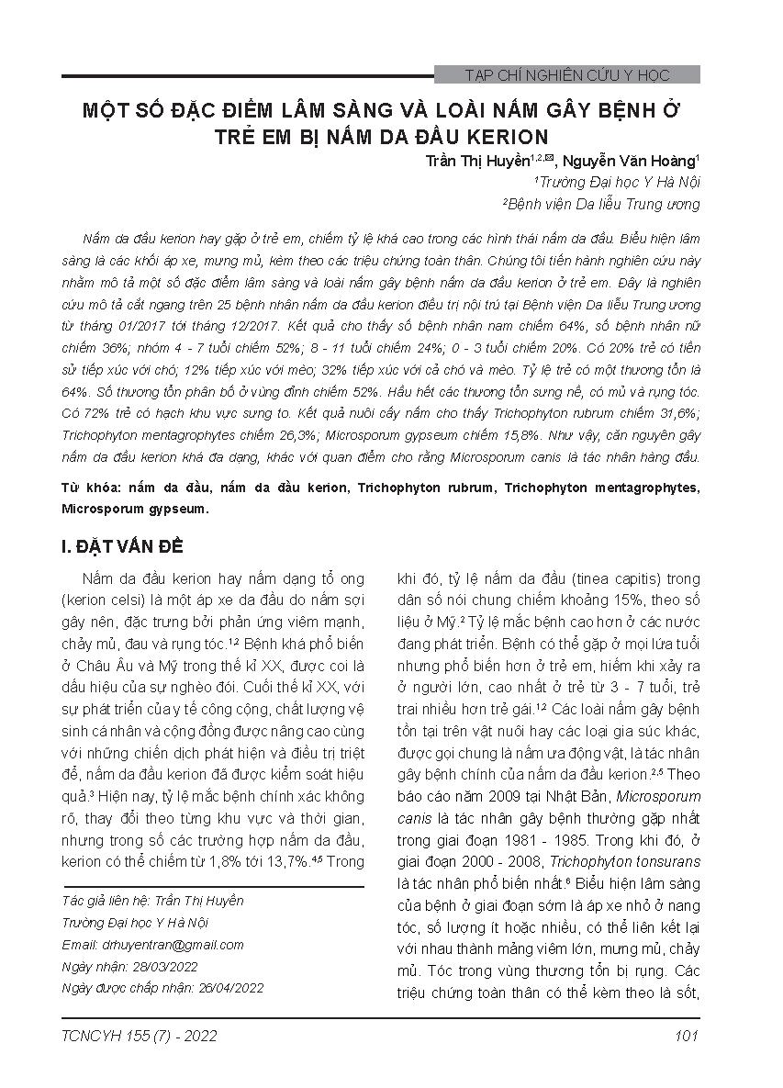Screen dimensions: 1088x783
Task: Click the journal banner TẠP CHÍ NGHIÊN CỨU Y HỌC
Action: tap(567, 75)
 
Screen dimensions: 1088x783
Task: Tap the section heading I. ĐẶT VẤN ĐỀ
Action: tap(123, 547)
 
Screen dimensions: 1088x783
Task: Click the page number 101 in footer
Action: tap(686, 1037)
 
